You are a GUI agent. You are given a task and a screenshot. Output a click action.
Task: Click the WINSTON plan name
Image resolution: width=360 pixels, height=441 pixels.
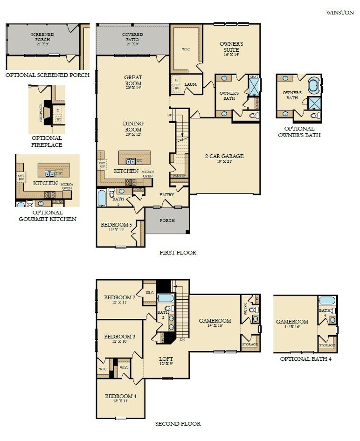tap(340, 13)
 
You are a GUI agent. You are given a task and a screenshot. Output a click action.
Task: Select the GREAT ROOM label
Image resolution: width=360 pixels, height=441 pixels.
tap(133, 81)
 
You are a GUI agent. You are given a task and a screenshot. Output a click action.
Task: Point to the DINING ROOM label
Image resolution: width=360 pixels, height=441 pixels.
tap(133, 126)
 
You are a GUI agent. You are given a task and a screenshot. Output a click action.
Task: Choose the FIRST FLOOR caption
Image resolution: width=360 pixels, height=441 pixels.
tap(178, 253)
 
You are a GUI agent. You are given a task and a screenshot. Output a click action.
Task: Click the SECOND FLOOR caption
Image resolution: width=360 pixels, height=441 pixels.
tap(178, 424)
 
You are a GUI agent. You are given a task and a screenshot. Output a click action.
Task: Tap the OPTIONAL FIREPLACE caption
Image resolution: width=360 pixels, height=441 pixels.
tap(47, 141)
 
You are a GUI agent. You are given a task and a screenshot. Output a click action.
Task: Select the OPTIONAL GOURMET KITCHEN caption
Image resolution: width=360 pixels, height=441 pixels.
tap(47, 215)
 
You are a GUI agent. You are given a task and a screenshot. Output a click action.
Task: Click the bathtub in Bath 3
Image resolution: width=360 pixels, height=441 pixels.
tap(102, 197)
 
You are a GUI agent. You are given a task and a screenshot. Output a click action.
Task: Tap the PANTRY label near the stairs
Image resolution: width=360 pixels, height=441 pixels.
tap(179, 176)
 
